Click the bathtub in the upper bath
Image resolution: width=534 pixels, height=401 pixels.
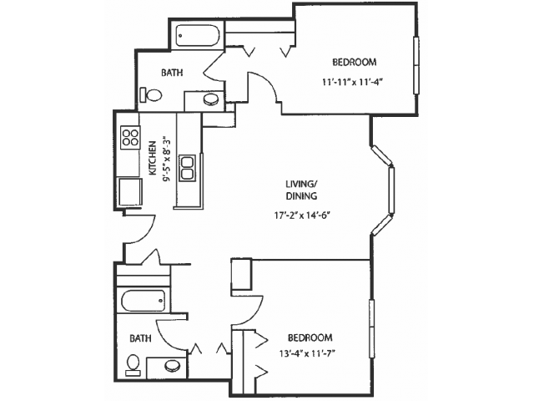click(x=197, y=35)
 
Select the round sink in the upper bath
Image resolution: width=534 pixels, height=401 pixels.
click(x=210, y=99)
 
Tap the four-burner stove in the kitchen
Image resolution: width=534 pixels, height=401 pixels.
click(x=130, y=137)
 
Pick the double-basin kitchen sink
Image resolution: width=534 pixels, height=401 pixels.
click(x=187, y=168)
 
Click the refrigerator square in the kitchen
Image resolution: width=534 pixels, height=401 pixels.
click(x=130, y=191)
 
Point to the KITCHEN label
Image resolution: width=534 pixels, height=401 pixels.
click(x=153, y=158)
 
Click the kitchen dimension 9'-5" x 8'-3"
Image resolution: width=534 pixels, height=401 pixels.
click(x=166, y=159)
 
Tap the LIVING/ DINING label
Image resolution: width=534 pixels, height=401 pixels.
click(x=301, y=190)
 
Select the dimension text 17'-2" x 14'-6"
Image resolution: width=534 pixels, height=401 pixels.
click(x=303, y=216)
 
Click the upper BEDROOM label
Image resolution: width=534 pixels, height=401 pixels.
click(x=354, y=63)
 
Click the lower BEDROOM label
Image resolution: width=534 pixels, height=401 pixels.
click(x=310, y=338)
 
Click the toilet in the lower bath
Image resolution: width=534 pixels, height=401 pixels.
click(x=133, y=364)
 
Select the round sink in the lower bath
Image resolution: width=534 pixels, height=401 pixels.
click(x=172, y=366)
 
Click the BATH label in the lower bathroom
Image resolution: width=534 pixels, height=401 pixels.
click(x=140, y=338)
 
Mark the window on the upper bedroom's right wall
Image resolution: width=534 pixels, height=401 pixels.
click(x=416, y=65)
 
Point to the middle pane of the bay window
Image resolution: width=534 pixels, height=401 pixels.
click(x=391, y=190)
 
